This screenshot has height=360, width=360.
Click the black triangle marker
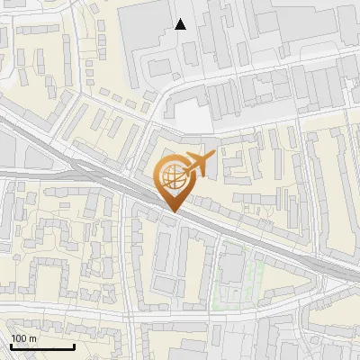point(181,24)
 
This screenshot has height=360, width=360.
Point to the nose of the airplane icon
point(212,158)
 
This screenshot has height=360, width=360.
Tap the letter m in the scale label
point(32,338)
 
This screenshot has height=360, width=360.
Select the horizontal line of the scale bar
point(41,346)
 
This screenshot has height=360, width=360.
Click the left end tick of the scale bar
point(10,346)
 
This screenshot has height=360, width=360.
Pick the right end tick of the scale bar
point(73,346)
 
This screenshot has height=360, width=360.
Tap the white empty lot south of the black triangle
point(192,115)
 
